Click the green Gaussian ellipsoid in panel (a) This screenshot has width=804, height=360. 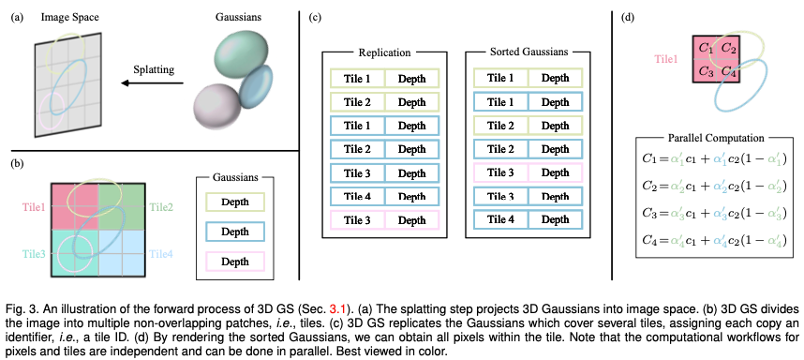(x=242, y=55)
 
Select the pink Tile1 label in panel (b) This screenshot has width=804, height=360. (x=34, y=207)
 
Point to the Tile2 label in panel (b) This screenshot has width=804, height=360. (x=160, y=207)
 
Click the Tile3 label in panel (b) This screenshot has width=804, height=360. (x=34, y=253)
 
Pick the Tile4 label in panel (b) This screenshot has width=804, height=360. (x=160, y=253)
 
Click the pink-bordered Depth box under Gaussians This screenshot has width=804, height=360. (x=235, y=262)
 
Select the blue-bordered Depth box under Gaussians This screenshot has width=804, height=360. (x=235, y=232)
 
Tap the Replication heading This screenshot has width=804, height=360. (x=384, y=52)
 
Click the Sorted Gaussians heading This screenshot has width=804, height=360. (x=528, y=52)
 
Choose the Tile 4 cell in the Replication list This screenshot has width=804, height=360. (x=357, y=197)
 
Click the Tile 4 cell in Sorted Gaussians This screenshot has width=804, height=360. (x=500, y=220)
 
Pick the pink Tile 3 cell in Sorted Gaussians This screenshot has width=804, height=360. (x=500, y=172)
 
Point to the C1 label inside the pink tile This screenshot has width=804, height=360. (x=706, y=49)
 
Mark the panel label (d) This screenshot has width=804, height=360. (x=627, y=17)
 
